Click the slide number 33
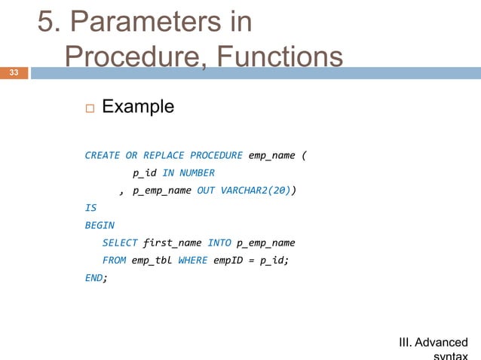coord(14,73)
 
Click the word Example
coord(137,107)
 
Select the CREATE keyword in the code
coord(102,156)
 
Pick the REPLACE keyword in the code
coord(163,156)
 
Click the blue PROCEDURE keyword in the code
coord(216,156)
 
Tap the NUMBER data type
coord(196,173)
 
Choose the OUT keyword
coord(206,191)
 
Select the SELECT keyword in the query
coord(120,243)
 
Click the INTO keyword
coord(219,243)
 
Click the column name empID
coord(227,260)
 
